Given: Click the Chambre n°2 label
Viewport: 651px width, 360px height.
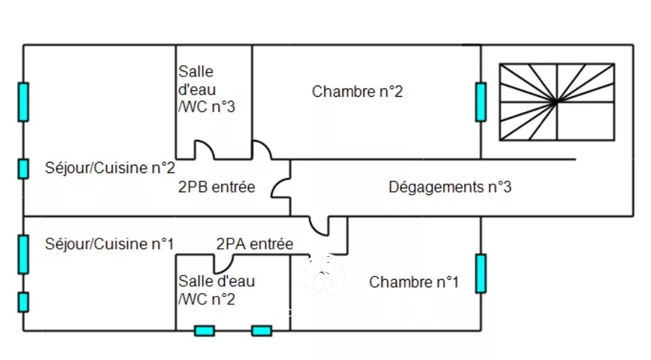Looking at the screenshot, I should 357,91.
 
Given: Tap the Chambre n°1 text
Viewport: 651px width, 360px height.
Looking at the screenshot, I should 413,283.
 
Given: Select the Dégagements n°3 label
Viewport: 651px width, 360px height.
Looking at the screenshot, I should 450,188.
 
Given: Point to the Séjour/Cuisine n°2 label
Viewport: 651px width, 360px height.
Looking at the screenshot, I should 110,168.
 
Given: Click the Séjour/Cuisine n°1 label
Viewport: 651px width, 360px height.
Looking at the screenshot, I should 109,243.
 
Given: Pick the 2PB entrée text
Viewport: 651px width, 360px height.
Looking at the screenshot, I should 216,188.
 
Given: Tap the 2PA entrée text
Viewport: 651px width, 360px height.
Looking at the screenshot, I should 254,243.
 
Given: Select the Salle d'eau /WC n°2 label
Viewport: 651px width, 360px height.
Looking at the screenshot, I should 216,290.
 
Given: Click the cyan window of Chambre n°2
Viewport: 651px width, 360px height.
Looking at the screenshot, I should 480,102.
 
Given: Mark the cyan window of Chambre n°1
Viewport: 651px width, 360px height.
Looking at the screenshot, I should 480,273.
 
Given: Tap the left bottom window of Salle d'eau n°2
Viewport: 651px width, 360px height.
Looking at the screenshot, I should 204,331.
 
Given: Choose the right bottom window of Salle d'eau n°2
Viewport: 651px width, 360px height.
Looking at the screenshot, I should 261,331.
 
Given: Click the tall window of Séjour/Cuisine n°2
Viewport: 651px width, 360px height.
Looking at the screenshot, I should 23,102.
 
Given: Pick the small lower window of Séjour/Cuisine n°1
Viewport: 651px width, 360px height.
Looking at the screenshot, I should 23,302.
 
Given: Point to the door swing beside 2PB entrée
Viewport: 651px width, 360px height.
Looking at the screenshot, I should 281,188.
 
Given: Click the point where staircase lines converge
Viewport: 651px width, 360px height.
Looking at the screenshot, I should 556,102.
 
